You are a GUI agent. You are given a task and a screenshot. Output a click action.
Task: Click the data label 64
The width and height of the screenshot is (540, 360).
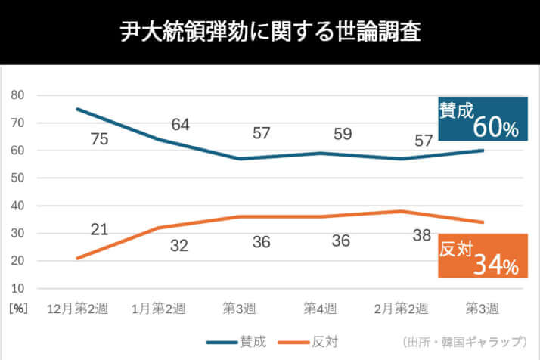(180, 124)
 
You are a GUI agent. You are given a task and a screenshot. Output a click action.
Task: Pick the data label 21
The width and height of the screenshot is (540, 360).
(99, 229)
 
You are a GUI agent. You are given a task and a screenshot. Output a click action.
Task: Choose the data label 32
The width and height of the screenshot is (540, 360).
(180, 245)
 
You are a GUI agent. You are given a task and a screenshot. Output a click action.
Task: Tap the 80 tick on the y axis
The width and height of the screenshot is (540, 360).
(18, 95)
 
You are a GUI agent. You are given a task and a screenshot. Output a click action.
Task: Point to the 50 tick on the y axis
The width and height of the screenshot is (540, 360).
(18, 178)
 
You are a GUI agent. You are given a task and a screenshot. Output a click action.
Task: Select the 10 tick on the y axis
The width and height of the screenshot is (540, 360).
(18, 289)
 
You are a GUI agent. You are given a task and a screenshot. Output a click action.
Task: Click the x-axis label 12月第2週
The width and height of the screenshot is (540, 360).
(77, 309)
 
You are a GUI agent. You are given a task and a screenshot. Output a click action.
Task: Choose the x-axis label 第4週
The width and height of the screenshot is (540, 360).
(321, 309)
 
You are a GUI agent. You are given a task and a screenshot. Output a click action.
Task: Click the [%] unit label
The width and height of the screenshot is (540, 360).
(17, 309)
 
